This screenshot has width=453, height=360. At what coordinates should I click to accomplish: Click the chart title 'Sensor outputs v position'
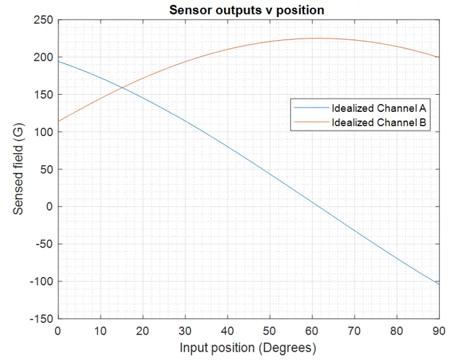(x=247, y=10)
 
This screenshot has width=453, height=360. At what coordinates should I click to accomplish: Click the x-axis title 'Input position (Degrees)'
(x=247, y=348)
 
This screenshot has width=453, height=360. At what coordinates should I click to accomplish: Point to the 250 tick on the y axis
(x=45, y=20)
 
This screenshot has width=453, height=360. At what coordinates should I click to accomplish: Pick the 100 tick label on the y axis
(x=45, y=132)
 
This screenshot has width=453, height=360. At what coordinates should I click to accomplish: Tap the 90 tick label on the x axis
(x=439, y=331)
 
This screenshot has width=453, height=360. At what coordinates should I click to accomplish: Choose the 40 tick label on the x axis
(x=227, y=331)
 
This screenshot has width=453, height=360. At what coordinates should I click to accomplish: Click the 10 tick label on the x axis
(x=100, y=331)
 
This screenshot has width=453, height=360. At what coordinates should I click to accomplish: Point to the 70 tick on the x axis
(x=355, y=331)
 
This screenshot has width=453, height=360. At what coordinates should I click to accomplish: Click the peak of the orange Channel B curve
(x=314, y=38)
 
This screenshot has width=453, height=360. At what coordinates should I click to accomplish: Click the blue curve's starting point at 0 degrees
(x=58, y=62)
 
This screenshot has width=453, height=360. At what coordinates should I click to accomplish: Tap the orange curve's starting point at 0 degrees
(x=58, y=122)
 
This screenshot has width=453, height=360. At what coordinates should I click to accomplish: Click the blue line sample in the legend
(x=311, y=108)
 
